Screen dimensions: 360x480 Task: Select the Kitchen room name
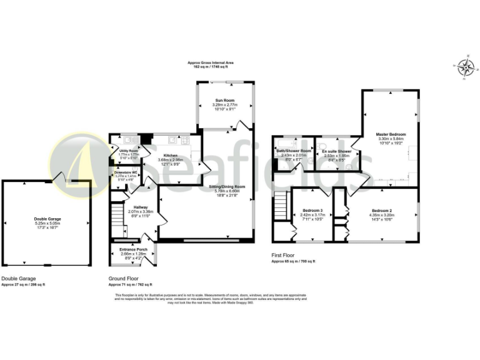[x=171, y=155]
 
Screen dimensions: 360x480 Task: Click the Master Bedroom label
[x=391, y=134]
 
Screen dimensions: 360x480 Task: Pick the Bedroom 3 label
[x=313, y=211]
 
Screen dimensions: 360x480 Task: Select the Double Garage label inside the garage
[x=47, y=218]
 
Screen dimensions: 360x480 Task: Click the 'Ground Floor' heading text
[x=124, y=279]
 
